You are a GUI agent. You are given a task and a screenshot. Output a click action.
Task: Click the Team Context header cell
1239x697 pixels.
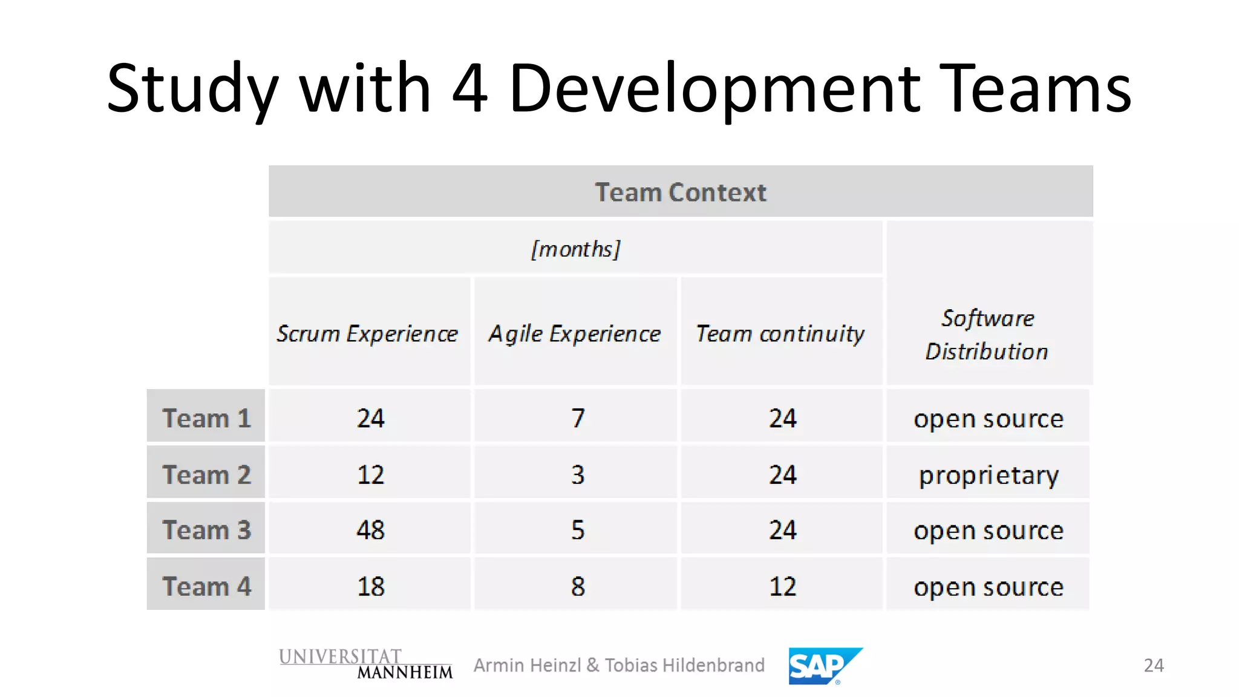pyautogui.click(x=681, y=192)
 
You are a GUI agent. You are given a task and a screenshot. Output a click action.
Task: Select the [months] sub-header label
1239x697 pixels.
pyautogui.click(x=575, y=249)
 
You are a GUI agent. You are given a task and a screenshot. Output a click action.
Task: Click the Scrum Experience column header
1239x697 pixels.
pyautogui.click(x=368, y=333)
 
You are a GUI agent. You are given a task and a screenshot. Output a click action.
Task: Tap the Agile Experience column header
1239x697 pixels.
pyautogui.click(x=575, y=333)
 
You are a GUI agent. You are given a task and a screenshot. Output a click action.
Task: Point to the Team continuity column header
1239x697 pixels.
pyautogui.click(x=780, y=333)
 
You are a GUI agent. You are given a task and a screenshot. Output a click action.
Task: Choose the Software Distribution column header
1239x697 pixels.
pyautogui.click(x=988, y=335)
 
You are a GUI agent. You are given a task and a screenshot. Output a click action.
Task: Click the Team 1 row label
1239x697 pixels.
pyautogui.click(x=206, y=418)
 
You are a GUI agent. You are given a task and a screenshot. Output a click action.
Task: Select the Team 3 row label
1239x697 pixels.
pyautogui.click(x=206, y=530)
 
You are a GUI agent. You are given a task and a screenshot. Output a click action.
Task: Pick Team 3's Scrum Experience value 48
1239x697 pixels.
pyautogui.click(x=370, y=530)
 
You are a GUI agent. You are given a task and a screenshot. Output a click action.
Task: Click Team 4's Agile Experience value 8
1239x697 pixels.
pyautogui.click(x=578, y=586)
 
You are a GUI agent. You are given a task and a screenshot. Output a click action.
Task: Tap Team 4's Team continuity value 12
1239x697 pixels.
pyautogui.click(x=782, y=586)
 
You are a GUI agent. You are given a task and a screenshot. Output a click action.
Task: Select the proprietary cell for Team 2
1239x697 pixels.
pyautogui.click(x=989, y=475)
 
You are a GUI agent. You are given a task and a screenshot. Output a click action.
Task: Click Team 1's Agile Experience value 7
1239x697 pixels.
pyautogui.click(x=578, y=418)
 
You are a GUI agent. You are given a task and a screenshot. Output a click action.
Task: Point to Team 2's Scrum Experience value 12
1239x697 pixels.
pyautogui.click(x=370, y=475)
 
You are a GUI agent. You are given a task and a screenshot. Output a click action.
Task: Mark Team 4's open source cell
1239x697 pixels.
pyautogui.click(x=989, y=587)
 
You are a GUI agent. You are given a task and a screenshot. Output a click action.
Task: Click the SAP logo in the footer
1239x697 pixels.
pyautogui.click(x=824, y=666)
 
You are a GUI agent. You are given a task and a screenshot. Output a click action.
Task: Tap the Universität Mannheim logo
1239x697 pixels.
pyautogui.click(x=365, y=664)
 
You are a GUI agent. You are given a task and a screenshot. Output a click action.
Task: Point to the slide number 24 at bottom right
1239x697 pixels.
pyautogui.click(x=1153, y=666)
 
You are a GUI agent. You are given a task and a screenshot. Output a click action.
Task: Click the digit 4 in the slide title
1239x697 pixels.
pyautogui.click(x=469, y=89)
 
